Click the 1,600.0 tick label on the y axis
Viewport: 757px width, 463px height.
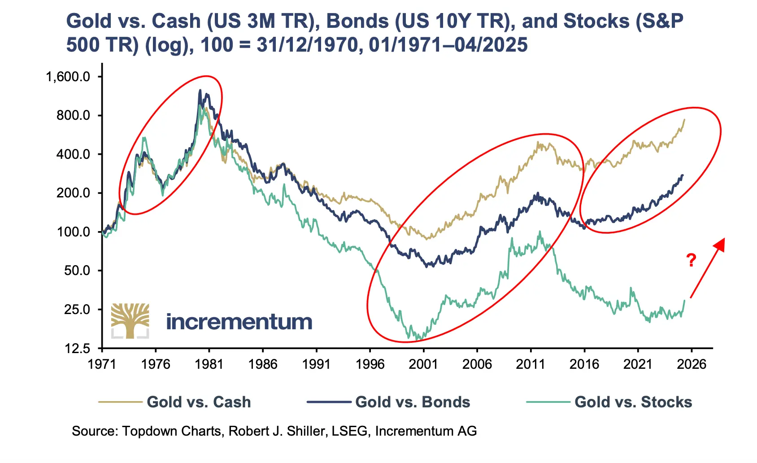68,77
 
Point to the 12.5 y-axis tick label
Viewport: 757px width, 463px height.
77,349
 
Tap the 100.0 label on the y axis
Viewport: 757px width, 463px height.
74,232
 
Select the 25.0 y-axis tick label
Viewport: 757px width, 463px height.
77,310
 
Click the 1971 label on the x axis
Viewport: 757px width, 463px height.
102,364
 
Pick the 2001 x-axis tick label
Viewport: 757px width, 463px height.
423,364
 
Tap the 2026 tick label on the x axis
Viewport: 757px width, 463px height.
692,364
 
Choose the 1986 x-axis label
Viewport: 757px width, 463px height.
263,364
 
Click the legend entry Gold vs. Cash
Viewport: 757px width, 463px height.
199,402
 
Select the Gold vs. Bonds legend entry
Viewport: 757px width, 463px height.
413,402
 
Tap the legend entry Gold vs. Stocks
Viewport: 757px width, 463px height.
633,402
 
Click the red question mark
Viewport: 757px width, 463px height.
691,260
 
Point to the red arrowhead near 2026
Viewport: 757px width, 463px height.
720,244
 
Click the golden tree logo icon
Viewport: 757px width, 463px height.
130,320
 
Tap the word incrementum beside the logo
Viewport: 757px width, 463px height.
239,322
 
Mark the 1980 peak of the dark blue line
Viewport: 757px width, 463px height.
200,90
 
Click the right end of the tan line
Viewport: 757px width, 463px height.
684,119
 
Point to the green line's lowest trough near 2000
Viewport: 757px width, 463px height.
418,339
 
